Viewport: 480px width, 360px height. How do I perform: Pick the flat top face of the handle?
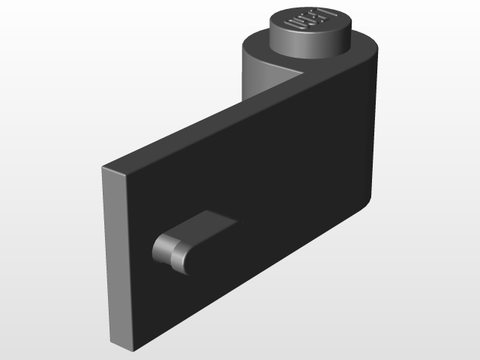pos(206,225)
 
